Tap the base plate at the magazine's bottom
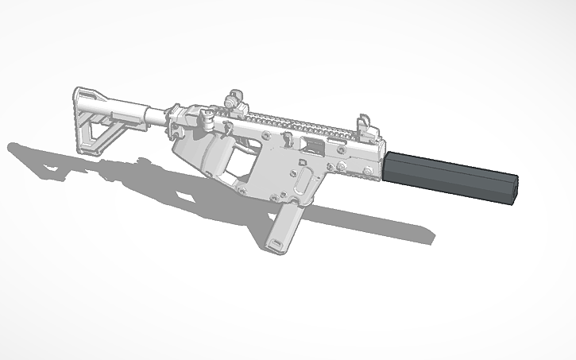[275, 246]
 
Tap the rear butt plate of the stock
[80, 119]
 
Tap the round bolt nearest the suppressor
[368, 171]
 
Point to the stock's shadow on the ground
[48, 159]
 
